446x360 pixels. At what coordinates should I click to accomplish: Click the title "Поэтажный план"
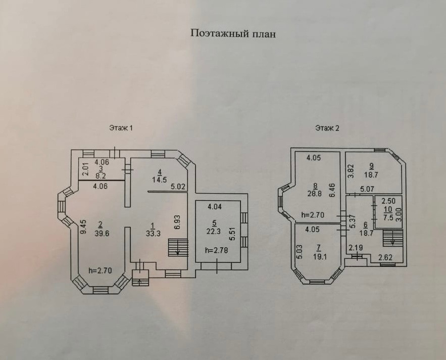click(233, 34)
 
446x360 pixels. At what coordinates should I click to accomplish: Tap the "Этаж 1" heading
click(121, 128)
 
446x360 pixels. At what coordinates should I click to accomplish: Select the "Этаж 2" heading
click(327, 128)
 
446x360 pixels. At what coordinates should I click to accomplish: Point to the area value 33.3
click(151, 233)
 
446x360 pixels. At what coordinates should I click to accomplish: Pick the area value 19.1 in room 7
click(318, 256)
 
